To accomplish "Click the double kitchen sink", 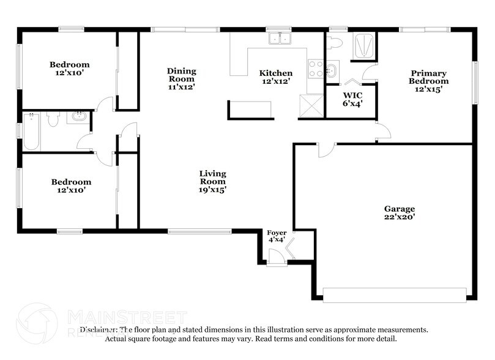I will pyautogui.click(x=281, y=39).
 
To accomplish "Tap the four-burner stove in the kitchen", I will pyautogui.click(x=316, y=68).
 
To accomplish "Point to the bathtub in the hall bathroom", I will pyautogui.click(x=31, y=132).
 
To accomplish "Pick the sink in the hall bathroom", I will pyautogui.click(x=78, y=116).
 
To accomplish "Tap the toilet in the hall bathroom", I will pyautogui.click(x=53, y=119).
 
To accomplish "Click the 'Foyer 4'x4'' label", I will pyautogui.click(x=276, y=236).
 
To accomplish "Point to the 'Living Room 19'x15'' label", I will pyautogui.click(x=212, y=181).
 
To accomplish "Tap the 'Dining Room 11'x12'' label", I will pyautogui.click(x=181, y=78).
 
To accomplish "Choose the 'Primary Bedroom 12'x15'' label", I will pyautogui.click(x=428, y=81).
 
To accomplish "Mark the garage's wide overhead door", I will pyautogui.click(x=395, y=294).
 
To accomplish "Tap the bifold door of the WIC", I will pyautogui.click(x=351, y=83).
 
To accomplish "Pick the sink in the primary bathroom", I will pyautogui.click(x=331, y=69).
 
